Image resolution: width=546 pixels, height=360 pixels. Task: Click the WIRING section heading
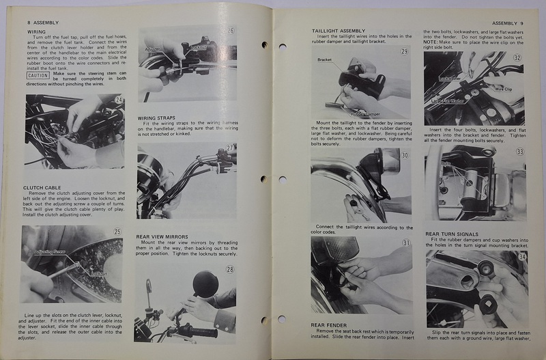pyautogui.click(x=37, y=31)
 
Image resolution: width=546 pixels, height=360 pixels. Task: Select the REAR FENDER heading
pyautogui.click(x=330, y=325)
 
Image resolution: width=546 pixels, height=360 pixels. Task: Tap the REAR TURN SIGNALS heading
pyautogui.click(x=453, y=234)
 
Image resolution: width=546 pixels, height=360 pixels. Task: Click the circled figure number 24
pyautogui.click(x=119, y=100)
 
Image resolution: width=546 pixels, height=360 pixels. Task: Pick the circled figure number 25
pyautogui.click(x=117, y=232)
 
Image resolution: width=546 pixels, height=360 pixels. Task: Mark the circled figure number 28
pyautogui.click(x=230, y=269)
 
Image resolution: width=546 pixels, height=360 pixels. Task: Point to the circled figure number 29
pyautogui.click(x=404, y=52)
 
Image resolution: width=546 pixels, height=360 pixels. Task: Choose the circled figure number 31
pyautogui.click(x=405, y=243)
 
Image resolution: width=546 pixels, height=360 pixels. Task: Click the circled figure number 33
pyautogui.click(x=520, y=152)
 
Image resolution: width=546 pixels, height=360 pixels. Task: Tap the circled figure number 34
pyautogui.click(x=520, y=256)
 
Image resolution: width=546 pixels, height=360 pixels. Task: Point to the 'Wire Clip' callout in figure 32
pyautogui.click(x=503, y=88)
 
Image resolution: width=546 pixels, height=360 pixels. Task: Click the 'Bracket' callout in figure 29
pyautogui.click(x=325, y=60)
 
